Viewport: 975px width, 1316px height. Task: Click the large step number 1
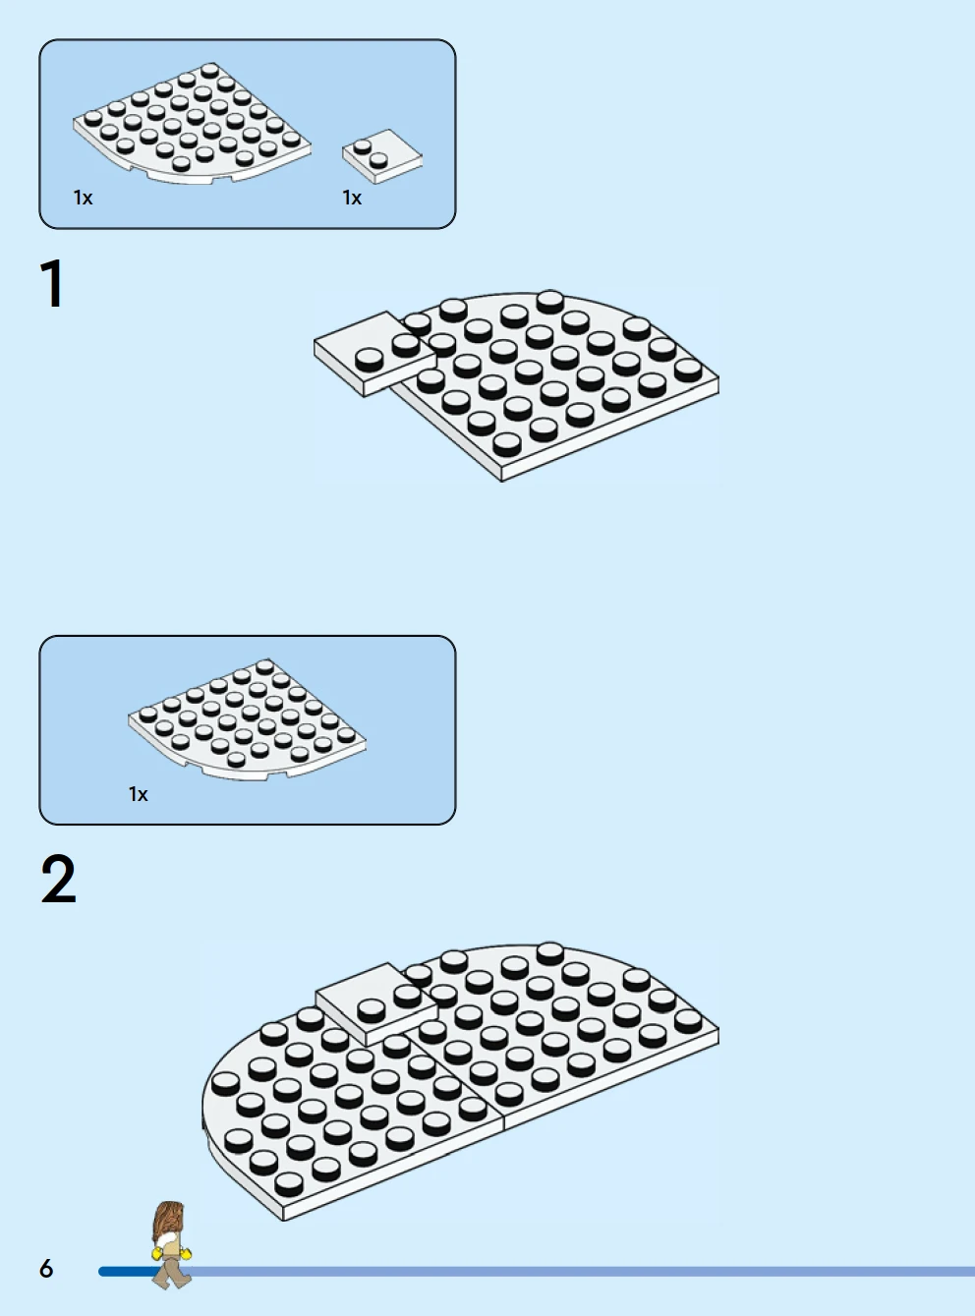point(52,284)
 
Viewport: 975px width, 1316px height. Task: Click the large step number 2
point(58,879)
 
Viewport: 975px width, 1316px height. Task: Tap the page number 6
point(46,1268)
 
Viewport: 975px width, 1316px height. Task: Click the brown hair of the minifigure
point(169,1221)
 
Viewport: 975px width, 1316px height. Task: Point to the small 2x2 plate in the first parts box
point(382,155)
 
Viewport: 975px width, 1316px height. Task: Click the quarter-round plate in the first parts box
point(192,123)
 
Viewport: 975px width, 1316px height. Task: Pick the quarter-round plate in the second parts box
point(247,718)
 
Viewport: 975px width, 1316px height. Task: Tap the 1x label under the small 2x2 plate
point(352,199)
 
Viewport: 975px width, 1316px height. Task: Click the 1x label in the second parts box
point(139,794)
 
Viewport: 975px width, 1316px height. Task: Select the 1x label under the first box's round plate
point(84,199)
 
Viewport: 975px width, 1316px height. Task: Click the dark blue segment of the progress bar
point(130,1271)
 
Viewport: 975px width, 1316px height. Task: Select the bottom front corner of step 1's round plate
point(502,480)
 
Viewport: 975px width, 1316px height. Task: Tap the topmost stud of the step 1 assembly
point(550,300)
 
